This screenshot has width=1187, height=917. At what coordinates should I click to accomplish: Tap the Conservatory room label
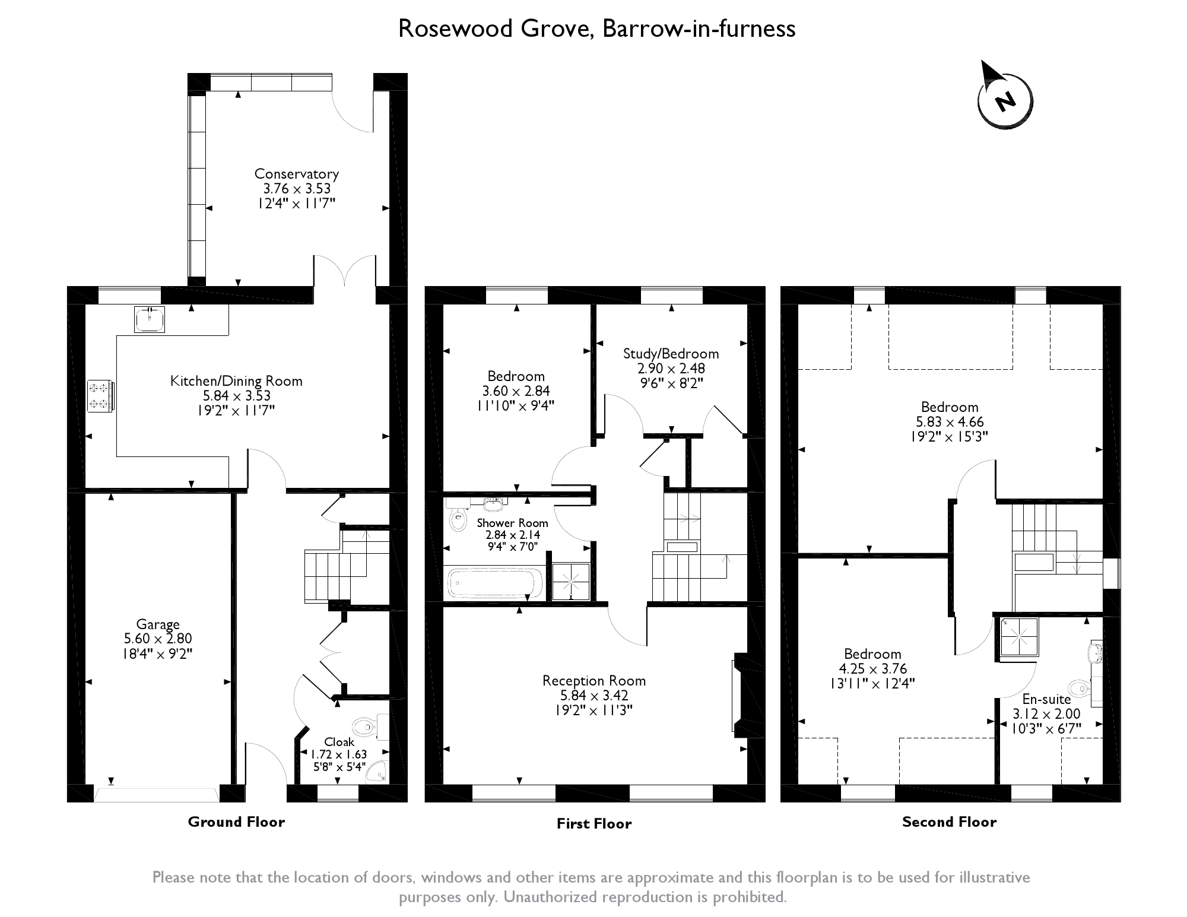[x=297, y=174]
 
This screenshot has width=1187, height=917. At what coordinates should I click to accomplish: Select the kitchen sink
[x=150, y=319]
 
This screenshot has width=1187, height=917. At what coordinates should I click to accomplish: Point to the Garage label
[x=158, y=624]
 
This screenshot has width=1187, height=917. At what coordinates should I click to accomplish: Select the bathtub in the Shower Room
[x=495, y=583]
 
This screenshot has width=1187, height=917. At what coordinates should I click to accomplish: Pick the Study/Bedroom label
[x=671, y=354]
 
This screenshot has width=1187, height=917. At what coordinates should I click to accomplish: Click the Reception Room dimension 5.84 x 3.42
[x=594, y=696]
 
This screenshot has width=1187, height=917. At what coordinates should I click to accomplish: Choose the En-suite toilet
[x=1084, y=689]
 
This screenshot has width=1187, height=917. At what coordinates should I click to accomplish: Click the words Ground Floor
[x=236, y=821]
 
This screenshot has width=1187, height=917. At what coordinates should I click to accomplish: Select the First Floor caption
[x=594, y=823]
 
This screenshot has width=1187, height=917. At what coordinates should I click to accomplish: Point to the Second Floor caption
[x=949, y=821]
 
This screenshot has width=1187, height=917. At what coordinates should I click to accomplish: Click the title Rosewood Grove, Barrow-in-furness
[x=596, y=28]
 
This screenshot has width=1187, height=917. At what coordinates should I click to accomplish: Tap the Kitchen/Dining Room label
[x=236, y=381]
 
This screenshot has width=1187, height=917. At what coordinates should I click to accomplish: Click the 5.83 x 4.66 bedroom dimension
[x=950, y=422]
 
